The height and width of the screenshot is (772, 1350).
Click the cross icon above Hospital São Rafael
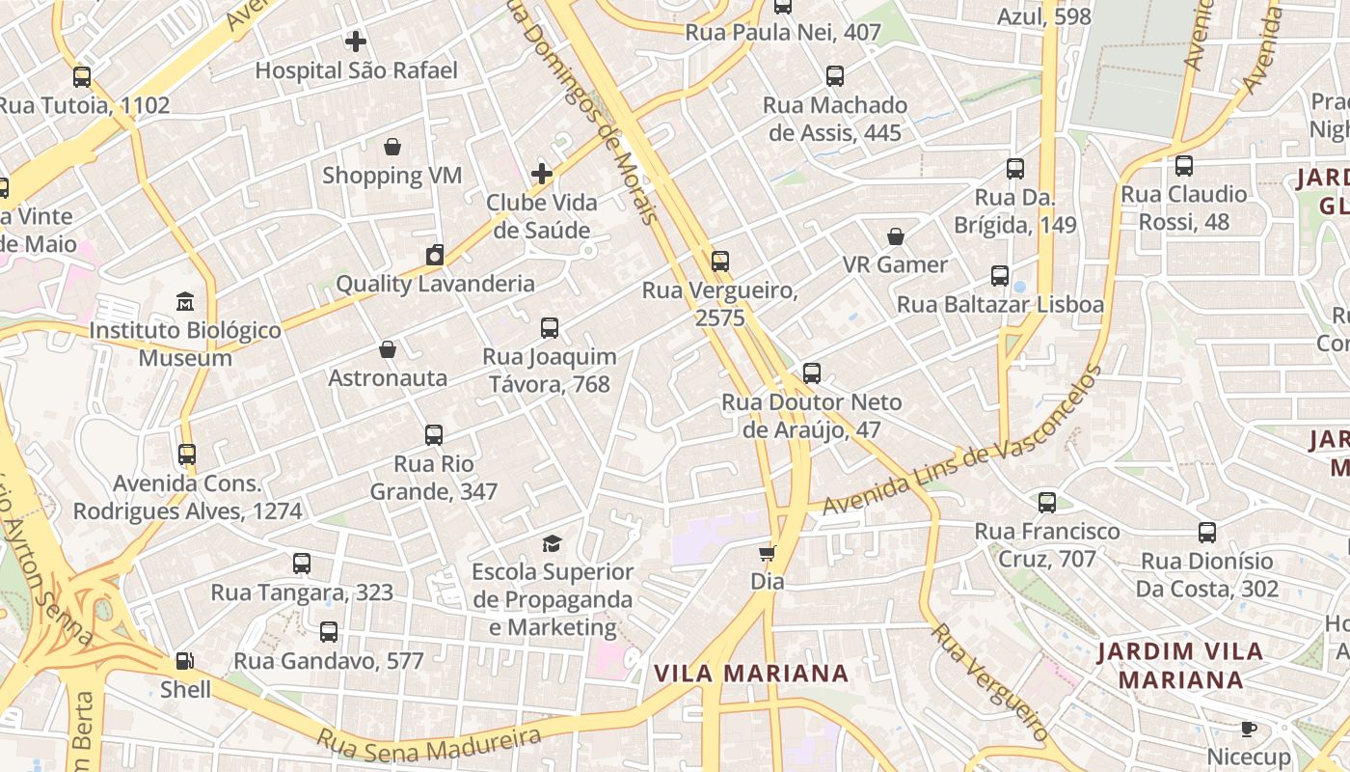356,41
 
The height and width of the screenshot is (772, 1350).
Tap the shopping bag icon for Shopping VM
392,147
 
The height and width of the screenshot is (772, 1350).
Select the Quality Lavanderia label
435,284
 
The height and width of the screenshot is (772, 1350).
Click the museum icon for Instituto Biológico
185,302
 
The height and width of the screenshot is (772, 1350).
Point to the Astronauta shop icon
388,349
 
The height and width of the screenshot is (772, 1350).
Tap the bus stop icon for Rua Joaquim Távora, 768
550,328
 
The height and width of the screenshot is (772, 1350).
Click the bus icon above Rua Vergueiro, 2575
720,261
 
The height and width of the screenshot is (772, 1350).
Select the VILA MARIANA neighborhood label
751,674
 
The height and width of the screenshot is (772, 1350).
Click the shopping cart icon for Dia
768,553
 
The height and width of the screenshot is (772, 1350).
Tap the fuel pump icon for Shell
184,661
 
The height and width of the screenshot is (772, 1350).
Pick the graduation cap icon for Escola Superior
552,543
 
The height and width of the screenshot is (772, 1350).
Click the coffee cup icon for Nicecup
1249,729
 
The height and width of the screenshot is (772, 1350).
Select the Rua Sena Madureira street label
429,741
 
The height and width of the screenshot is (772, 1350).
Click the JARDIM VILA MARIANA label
1180,665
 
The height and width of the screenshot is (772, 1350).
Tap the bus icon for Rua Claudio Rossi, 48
1184,166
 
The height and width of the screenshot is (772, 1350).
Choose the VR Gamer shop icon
896,236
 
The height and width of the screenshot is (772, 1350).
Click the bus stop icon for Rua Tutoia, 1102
82,77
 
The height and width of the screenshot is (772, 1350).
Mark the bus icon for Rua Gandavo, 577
329,632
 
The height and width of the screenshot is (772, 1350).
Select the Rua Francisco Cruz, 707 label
1047,544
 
